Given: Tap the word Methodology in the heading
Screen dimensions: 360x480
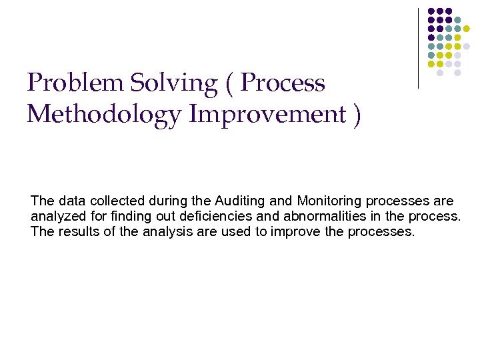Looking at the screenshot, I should [104, 114].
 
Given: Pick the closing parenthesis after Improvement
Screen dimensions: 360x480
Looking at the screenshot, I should [357, 115].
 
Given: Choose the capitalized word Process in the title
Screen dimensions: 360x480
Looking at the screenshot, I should [283, 84].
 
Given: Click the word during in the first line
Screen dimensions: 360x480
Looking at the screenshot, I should [161, 201].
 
